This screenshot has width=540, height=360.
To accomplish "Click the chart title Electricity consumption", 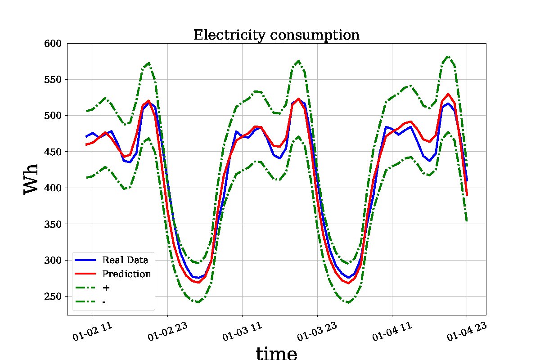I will (x=276, y=35).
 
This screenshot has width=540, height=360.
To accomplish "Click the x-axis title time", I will (x=276, y=353).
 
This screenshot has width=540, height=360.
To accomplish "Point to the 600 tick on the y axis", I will (x=55, y=43).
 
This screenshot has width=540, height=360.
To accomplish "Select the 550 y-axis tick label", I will (x=55, y=80).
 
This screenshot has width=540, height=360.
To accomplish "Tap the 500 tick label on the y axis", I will (x=55, y=116).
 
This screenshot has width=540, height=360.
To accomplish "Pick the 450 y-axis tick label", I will (x=55, y=152).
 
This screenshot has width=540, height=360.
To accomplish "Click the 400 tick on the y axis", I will (x=55, y=188).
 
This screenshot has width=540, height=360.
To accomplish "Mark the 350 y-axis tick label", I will (x=55, y=224).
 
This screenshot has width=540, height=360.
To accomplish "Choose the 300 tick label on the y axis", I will (x=55, y=260).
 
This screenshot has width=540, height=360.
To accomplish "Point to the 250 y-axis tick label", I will (x=55, y=297).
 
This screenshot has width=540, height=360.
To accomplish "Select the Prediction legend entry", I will (x=126, y=274).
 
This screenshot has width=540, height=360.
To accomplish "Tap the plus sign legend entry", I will (x=106, y=288).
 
